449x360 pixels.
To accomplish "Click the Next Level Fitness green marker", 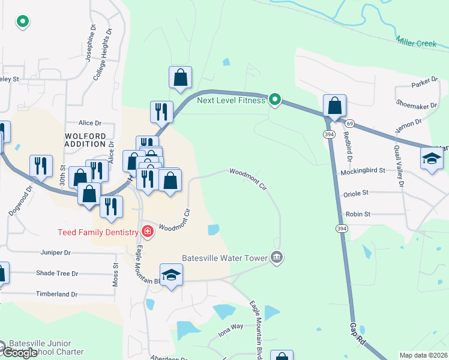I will click(275, 100).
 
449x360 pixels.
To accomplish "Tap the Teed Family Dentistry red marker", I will click(147, 232).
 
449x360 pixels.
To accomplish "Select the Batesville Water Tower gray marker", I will click(276, 257).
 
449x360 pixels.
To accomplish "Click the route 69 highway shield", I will click(349, 123).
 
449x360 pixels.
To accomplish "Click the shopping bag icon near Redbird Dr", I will click(334, 106).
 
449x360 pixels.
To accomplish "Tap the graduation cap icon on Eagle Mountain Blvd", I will click(172, 275).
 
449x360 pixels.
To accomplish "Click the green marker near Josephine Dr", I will click(23, 22).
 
